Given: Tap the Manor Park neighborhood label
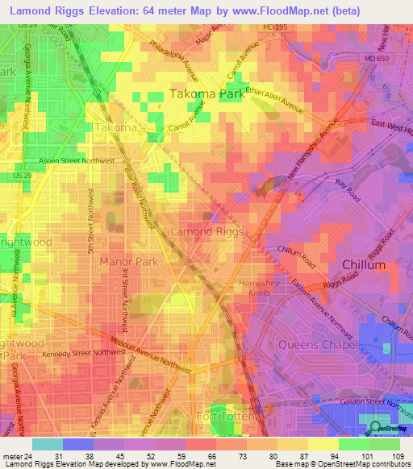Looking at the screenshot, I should click(x=127, y=261).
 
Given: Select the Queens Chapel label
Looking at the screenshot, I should click(x=317, y=344).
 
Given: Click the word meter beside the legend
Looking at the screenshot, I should click(x=10, y=456).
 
